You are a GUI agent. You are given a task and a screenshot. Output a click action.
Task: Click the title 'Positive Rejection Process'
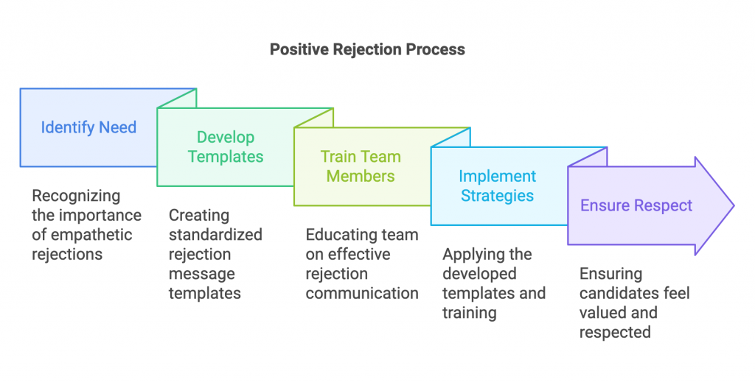pos(367,50)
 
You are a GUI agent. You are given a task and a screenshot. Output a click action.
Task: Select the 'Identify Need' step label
pos(88,127)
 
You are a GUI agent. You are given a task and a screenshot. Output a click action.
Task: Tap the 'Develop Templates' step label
pos(226,146)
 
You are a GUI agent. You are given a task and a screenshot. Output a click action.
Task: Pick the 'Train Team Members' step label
pos(361,166)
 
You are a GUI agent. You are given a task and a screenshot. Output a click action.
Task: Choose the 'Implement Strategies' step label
pos(497,185)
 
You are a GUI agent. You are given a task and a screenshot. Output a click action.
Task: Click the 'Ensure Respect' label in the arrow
pos(636,205)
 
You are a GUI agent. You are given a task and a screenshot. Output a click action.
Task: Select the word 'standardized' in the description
pos(215,235)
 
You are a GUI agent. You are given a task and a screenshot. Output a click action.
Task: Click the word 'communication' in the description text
pos(362,293)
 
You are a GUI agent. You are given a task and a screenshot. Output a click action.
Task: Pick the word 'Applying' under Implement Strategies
pos(473,255)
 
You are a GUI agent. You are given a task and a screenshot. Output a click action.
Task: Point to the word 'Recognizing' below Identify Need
pos(75,197)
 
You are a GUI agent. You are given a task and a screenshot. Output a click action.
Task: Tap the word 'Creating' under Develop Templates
pos(199,216)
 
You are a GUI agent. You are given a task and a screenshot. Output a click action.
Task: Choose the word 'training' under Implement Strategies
pos(470,312)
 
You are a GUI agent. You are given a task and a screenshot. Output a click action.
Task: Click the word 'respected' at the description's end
pos(615,332)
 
